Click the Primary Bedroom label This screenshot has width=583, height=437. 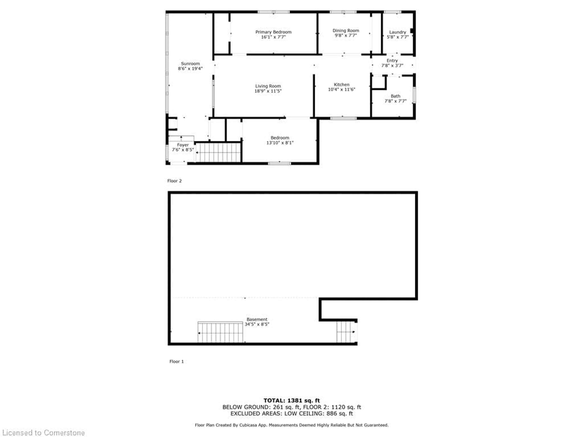[x=273, y=32]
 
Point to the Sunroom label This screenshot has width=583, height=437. [x=190, y=63]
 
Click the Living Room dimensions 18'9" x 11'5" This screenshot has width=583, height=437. [x=268, y=91]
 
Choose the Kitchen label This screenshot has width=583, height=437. [x=342, y=85]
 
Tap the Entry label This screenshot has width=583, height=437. [x=392, y=61]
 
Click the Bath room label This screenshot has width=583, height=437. [x=395, y=96]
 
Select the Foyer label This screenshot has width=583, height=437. [x=183, y=145]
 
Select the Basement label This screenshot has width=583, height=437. [x=257, y=319]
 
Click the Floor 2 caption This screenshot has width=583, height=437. [x=174, y=181]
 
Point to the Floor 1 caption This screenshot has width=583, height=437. [x=176, y=361]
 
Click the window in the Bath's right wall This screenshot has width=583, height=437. [x=414, y=95]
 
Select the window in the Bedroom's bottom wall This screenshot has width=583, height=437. [x=279, y=163]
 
